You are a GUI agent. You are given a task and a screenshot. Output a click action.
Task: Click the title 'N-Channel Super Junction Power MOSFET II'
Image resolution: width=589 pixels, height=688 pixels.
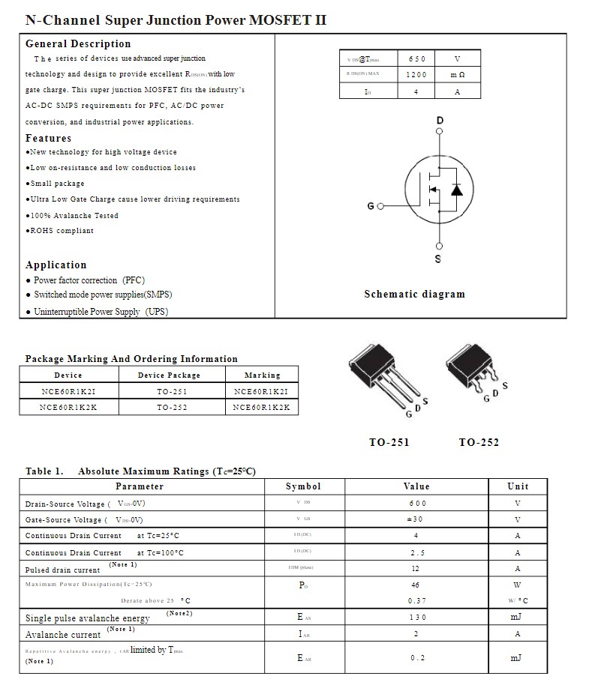[x=176, y=20]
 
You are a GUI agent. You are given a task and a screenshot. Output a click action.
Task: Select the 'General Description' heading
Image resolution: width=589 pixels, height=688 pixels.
[x=78, y=44]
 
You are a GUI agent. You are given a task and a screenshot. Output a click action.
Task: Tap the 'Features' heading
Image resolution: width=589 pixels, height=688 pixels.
[x=49, y=139]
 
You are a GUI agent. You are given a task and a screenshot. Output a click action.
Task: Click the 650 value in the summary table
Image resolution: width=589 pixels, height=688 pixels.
[x=416, y=59]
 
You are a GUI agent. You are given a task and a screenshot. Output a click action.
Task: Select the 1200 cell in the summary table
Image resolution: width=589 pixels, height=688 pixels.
[x=416, y=75]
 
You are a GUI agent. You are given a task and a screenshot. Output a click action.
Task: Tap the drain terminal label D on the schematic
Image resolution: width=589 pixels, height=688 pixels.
[x=440, y=121]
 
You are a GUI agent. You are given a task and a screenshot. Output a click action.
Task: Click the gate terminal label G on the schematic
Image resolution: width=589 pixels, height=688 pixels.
[x=371, y=206]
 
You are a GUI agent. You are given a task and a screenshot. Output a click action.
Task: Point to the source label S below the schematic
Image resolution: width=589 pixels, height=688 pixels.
[x=438, y=259]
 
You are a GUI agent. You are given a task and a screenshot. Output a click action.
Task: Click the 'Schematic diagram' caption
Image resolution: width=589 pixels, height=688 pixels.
[x=414, y=295]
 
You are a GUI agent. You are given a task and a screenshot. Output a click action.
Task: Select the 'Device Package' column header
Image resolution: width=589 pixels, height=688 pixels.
[x=169, y=375]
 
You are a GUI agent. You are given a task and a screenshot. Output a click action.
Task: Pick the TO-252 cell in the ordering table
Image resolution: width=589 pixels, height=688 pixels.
[x=172, y=408]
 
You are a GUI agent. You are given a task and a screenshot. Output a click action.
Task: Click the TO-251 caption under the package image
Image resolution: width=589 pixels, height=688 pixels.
[x=389, y=443]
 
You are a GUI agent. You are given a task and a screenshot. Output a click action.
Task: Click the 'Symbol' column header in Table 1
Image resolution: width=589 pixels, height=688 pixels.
[x=303, y=486]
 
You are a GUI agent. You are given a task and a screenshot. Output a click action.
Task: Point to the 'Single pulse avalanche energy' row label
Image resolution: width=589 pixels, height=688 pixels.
[x=87, y=618]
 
